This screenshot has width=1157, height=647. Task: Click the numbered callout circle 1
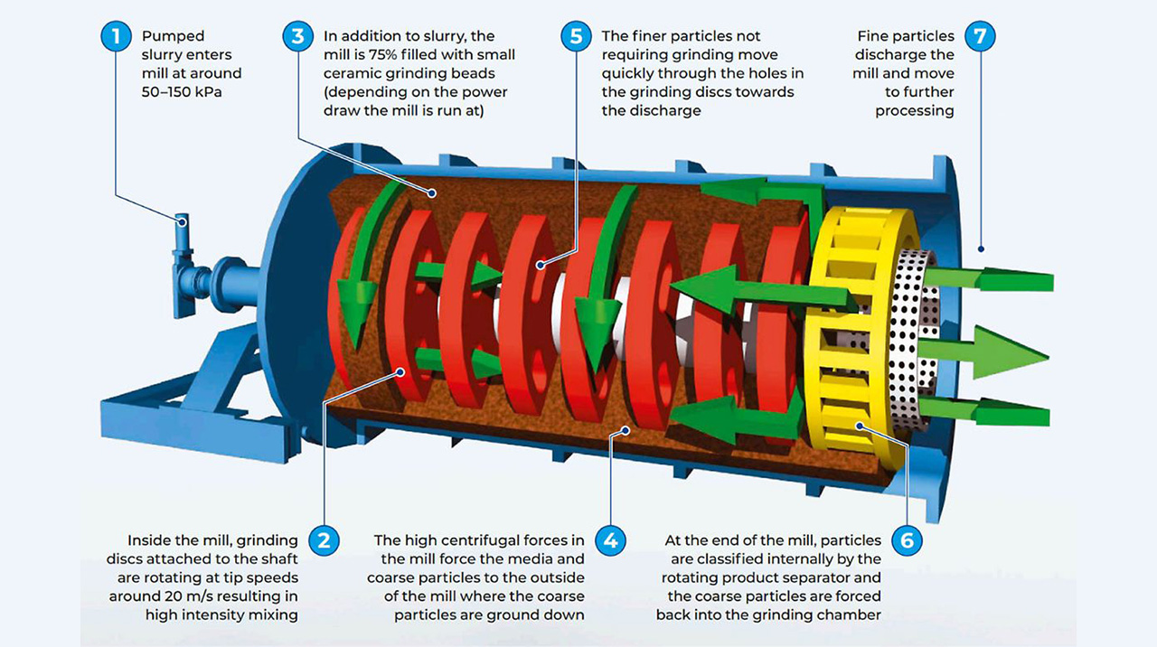pyautogui.click(x=115, y=37)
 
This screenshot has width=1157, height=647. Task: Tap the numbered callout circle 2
pyautogui.click(x=324, y=541)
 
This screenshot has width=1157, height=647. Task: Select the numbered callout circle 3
pyautogui.click(x=297, y=37)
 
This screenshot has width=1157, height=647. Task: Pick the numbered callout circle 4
pyautogui.click(x=611, y=541)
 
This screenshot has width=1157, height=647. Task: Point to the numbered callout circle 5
pyautogui.click(x=575, y=37)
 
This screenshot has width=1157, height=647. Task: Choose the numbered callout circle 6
pyautogui.click(x=907, y=541)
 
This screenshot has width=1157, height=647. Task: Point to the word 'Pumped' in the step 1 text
pyautogui.click(x=174, y=37)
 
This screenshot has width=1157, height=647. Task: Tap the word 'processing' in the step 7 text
pyautogui.click(x=915, y=110)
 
